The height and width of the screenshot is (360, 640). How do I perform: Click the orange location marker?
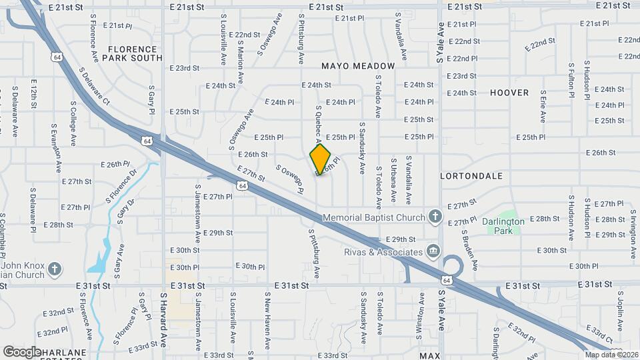(x=321, y=159)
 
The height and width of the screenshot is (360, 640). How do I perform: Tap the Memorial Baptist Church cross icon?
(x=435, y=217)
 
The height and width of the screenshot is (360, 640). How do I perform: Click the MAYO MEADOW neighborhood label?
(x=358, y=66)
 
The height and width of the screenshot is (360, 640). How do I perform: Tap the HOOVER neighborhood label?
(x=509, y=93)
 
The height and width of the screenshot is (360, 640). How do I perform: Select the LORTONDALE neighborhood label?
(x=471, y=175)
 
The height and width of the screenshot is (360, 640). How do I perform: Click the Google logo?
(x=22, y=351)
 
